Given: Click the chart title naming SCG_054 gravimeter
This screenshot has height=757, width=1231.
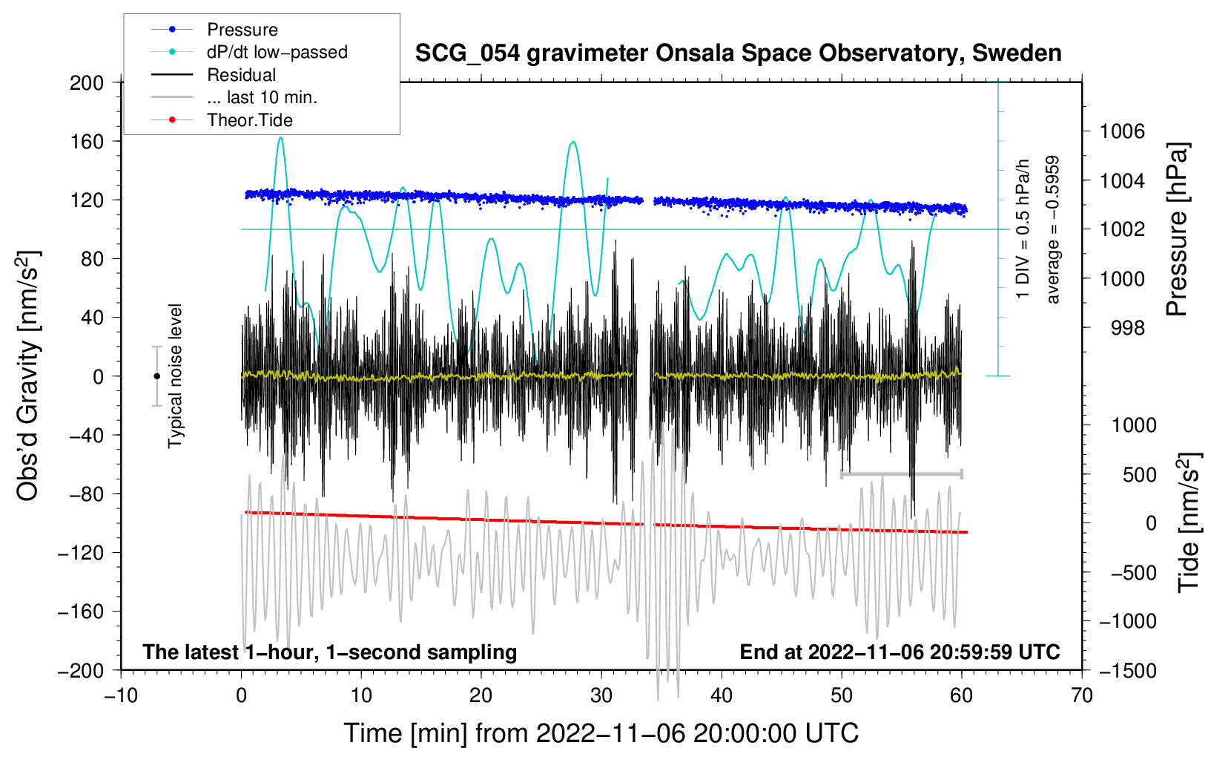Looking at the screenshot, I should point(738,53).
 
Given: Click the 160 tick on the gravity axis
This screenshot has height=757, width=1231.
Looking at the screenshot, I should point(86,141).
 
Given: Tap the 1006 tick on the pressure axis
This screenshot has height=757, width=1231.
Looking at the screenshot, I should point(1122,131).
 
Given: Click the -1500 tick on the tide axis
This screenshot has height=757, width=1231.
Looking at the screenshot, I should point(1127,670).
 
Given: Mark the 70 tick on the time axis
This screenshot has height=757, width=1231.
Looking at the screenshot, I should point(1082,695).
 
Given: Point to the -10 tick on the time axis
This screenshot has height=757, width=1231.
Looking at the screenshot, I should point(121,695).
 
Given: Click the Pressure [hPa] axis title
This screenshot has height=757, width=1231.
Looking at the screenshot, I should point(1177,229).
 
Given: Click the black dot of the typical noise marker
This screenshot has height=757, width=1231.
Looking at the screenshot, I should point(156,376).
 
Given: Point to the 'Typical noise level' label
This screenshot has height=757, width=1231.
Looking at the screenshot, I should point(175,376).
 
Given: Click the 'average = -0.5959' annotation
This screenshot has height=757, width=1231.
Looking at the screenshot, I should point(1053,229).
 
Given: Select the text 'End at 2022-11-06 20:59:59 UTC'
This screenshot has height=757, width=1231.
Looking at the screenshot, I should point(900,652).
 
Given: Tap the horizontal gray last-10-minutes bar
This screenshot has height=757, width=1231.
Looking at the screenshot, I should point(901,473).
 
